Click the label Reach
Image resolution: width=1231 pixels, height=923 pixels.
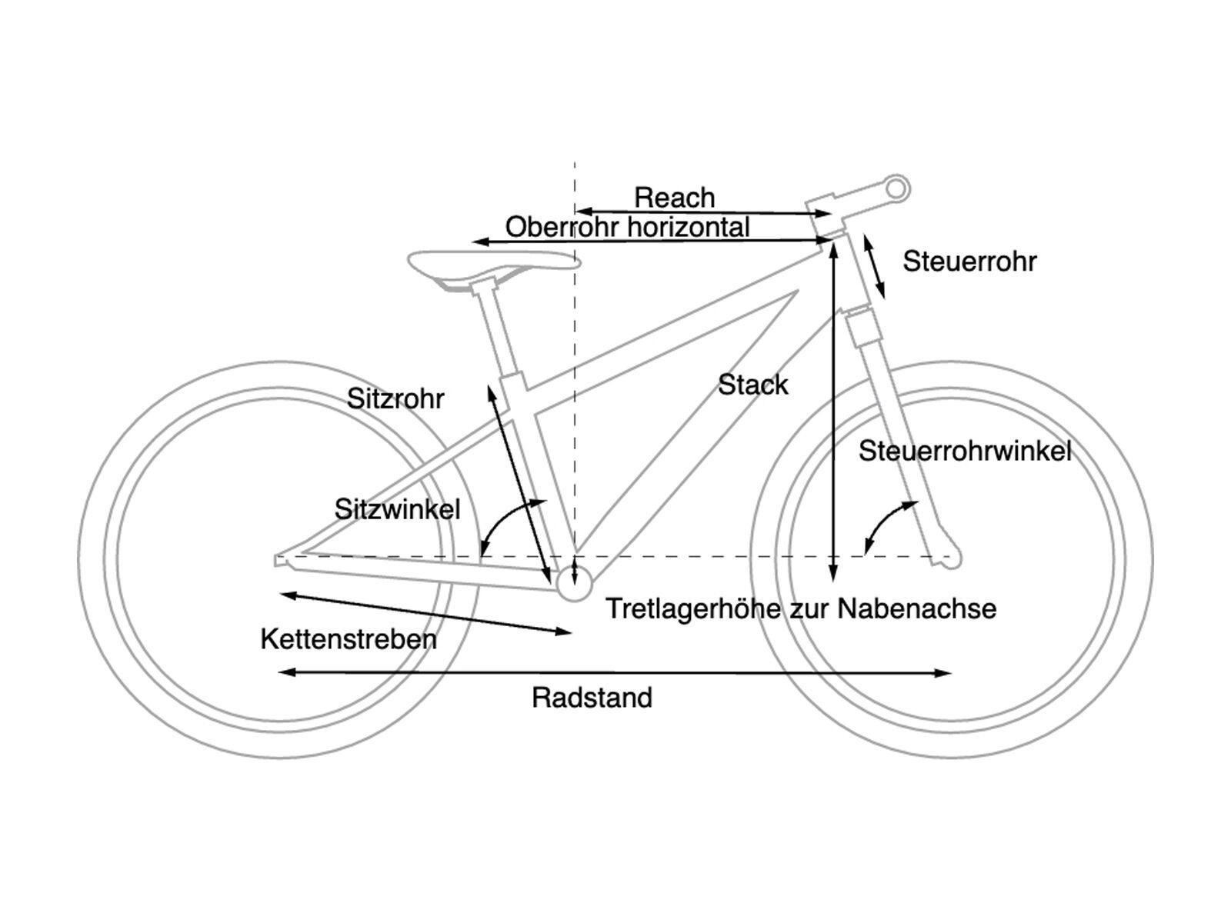674,198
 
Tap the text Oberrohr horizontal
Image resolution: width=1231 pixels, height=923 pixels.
627,227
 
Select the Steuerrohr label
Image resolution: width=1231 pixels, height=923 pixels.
969,262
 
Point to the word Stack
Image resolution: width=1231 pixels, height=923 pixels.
753,385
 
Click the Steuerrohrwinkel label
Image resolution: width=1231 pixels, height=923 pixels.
965,451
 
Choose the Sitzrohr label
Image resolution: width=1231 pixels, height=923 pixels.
395,398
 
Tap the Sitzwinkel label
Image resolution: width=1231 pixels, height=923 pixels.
397,508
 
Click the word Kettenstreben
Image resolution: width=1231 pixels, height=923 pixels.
349,639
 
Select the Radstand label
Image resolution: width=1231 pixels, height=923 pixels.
592,698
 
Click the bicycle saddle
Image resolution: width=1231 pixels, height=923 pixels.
492,265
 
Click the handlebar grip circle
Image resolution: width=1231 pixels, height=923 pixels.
896,187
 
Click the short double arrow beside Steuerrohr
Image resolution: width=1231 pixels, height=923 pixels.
874,267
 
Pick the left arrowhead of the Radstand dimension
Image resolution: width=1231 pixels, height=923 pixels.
283,672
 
